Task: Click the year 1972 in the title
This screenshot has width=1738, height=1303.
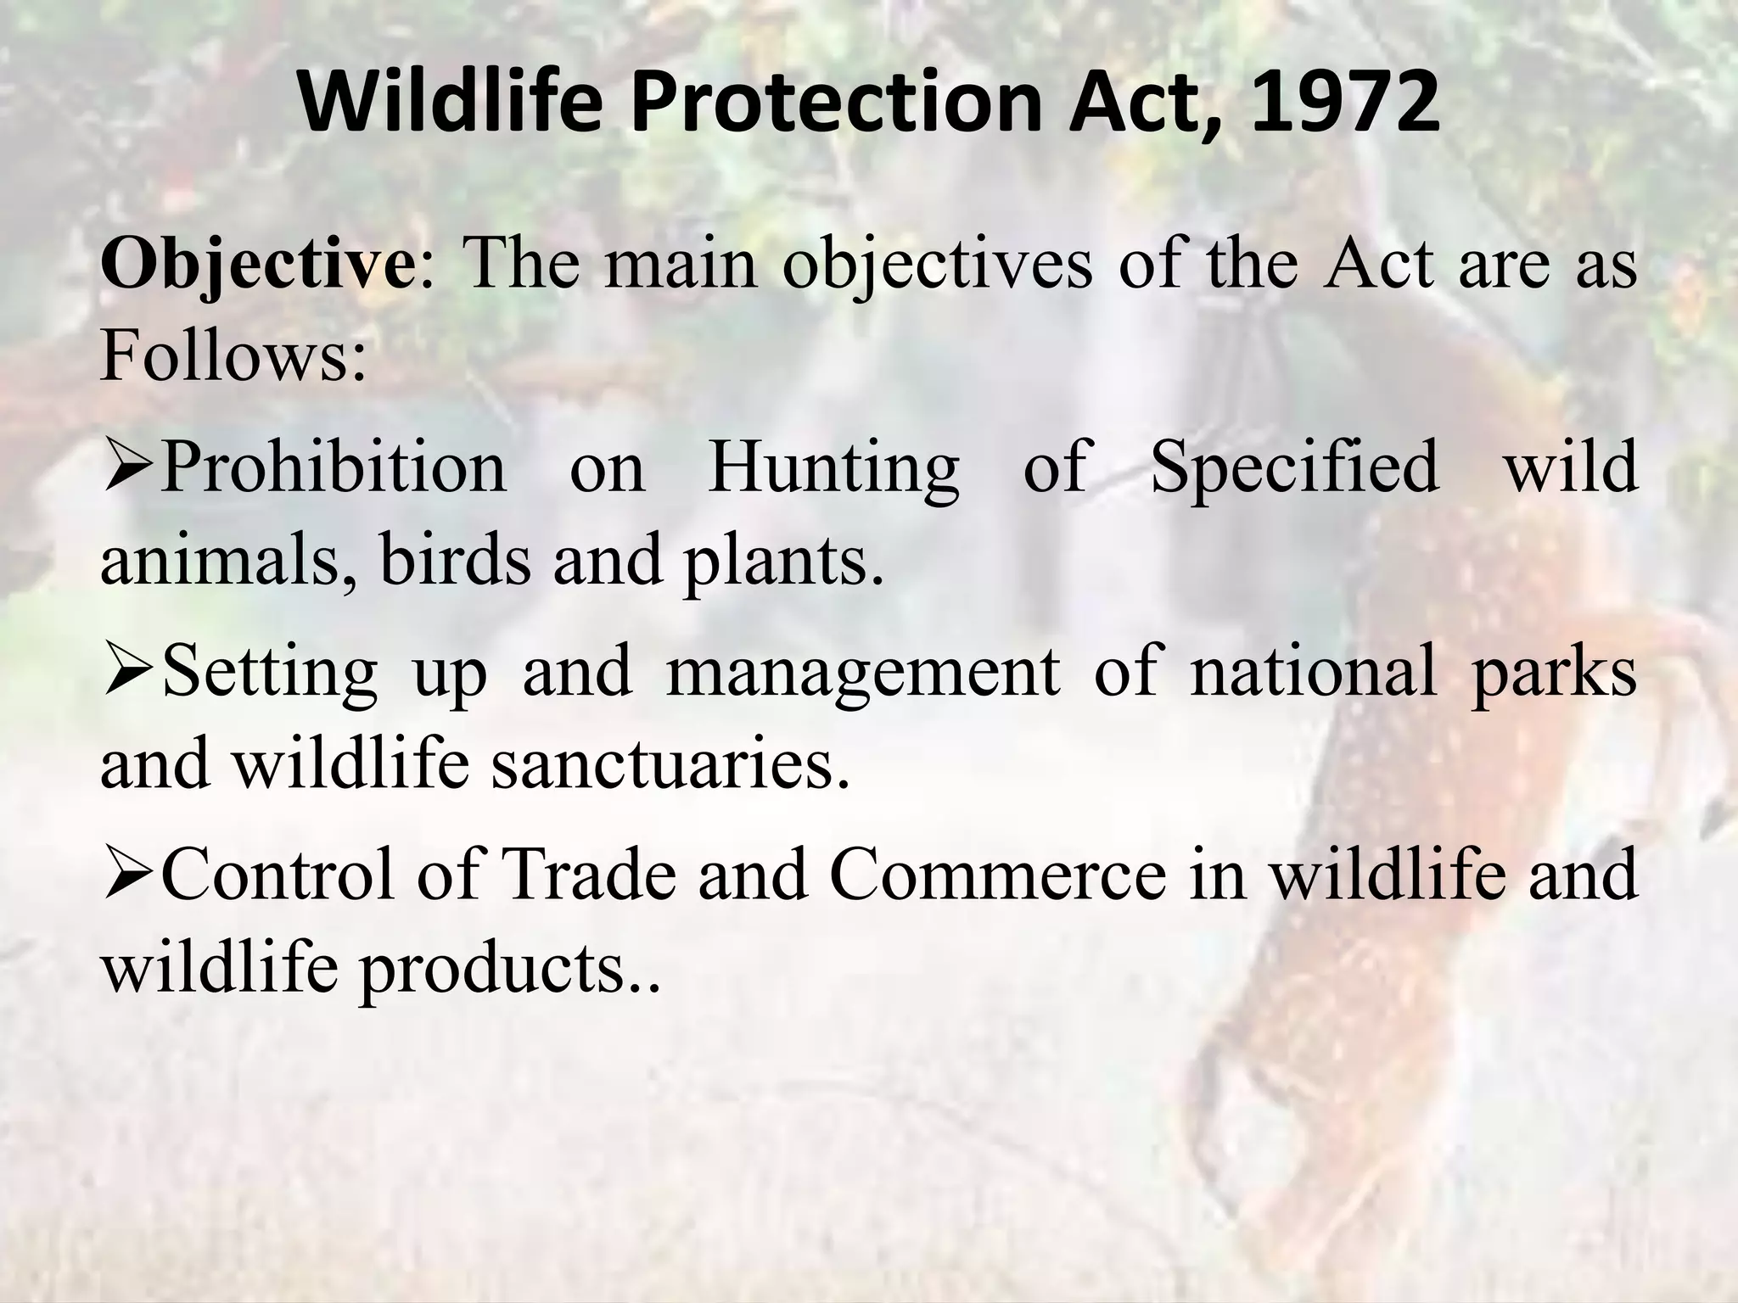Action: tap(1344, 103)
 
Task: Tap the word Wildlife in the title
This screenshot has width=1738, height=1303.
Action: tap(450, 103)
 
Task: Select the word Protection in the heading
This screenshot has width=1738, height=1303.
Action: tap(835, 103)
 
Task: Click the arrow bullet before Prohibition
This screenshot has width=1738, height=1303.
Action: tap(128, 467)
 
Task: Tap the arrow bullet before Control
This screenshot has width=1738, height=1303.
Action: tap(128, 875)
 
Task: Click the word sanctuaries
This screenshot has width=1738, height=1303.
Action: tap(670, 764)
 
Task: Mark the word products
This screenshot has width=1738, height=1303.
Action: tap(504, 970)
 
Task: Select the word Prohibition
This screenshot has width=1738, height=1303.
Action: tap(333, 467)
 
